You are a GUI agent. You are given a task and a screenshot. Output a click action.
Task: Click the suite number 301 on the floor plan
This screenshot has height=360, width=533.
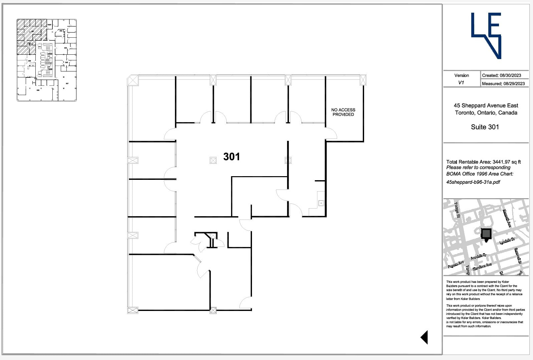point(231,157)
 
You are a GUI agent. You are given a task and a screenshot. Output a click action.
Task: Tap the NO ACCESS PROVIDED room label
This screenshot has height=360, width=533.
point(343,112)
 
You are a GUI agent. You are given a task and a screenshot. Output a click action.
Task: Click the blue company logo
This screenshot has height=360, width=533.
point(486,35)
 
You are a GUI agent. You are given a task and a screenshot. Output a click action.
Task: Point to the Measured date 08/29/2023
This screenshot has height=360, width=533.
point(503,84)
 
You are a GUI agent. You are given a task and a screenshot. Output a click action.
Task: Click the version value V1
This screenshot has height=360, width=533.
point(461,83)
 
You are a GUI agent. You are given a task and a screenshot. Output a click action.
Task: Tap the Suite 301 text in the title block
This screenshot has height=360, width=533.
point(485,127)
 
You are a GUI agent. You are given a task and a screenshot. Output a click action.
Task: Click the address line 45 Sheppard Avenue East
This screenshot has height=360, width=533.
point(486,105)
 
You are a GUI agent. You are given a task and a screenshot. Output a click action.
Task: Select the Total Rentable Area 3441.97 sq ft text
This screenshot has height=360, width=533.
point(483,162)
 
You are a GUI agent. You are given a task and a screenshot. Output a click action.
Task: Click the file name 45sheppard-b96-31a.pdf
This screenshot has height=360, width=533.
point(473,182)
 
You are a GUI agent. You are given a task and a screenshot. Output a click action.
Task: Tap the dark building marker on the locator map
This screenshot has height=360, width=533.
point(487,234)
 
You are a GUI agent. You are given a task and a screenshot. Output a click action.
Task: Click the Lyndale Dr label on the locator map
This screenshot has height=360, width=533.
point(507,241)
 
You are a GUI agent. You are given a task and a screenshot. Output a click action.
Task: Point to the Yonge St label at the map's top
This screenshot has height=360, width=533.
point(457,210)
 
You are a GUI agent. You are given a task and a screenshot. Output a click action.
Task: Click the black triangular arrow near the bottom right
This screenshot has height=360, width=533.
point(424,337)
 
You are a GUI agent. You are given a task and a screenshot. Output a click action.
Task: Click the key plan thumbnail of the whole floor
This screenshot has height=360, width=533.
point(47,60)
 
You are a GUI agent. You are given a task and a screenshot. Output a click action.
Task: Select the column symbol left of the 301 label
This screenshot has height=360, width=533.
point(213,160)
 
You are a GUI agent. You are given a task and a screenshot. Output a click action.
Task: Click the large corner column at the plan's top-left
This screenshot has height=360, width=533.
point(132,80)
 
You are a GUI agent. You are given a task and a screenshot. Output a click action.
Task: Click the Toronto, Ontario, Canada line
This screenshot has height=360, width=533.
point(486,113)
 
